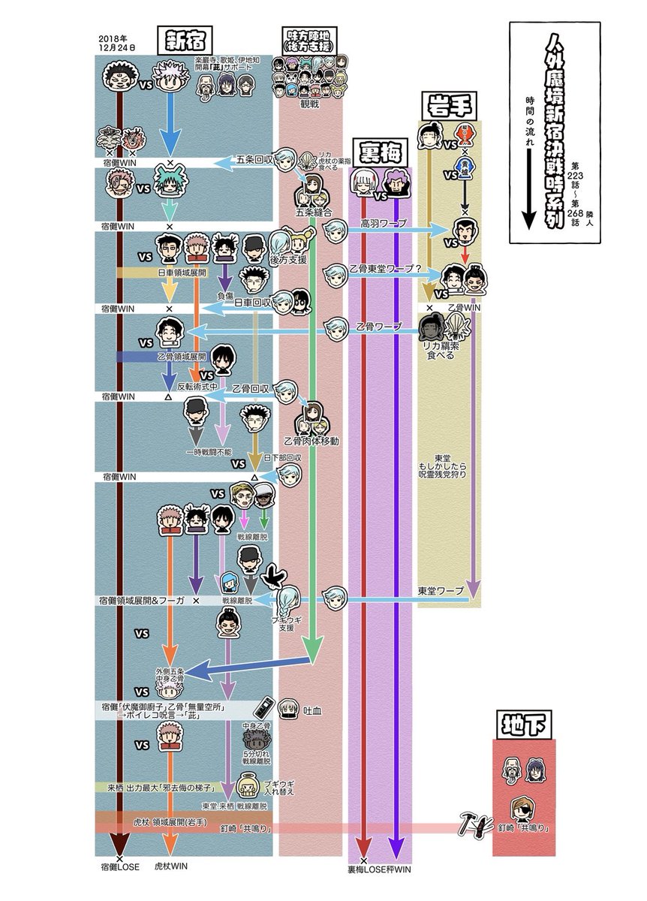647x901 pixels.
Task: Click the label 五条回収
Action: pos(252,160)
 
